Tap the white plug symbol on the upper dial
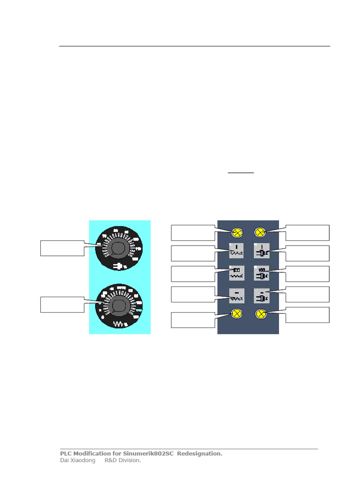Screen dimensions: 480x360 (119, 266)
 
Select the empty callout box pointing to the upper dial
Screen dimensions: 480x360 (62, 248)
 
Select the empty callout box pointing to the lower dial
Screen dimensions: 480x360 (62, 305)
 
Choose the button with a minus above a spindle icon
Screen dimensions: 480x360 (261, 295)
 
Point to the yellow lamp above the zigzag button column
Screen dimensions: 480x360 (237, 232)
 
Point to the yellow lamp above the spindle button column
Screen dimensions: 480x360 (261, 232)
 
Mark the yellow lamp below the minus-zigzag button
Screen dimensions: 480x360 (237, 314)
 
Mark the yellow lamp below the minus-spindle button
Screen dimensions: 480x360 (261, 314)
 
